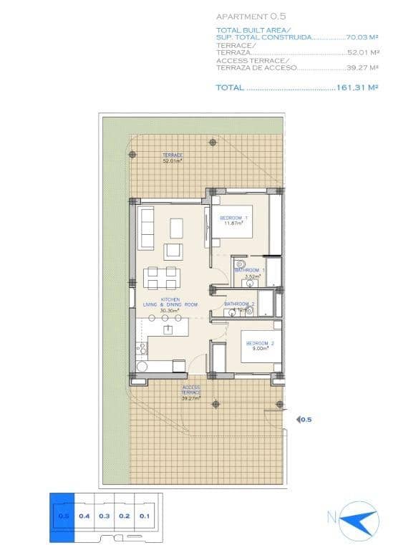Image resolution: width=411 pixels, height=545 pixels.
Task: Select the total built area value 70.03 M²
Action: click(362, 37)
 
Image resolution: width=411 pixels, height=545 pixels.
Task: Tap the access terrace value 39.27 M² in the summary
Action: click(362, 69)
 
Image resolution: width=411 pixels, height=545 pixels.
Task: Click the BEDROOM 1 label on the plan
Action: click(233, 218)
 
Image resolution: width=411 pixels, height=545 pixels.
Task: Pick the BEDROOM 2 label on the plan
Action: click(260, 344)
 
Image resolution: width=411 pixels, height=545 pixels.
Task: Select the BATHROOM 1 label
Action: click(250, 271)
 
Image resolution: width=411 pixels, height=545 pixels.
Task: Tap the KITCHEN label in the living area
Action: click(170, 299)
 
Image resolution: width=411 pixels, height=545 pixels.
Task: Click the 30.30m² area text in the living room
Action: click(170, 311)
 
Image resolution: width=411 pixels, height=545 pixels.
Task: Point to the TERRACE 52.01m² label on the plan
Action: click(172, 158)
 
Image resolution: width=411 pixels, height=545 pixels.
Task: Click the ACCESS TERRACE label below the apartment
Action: click(190, 390)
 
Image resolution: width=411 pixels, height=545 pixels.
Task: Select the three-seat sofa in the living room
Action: click(147, 228)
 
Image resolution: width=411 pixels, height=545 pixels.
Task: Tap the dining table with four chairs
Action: click(161, 277)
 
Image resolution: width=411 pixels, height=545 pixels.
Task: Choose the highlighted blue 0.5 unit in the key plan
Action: click(62, 516)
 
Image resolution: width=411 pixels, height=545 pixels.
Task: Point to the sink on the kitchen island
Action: click(169, 329)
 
